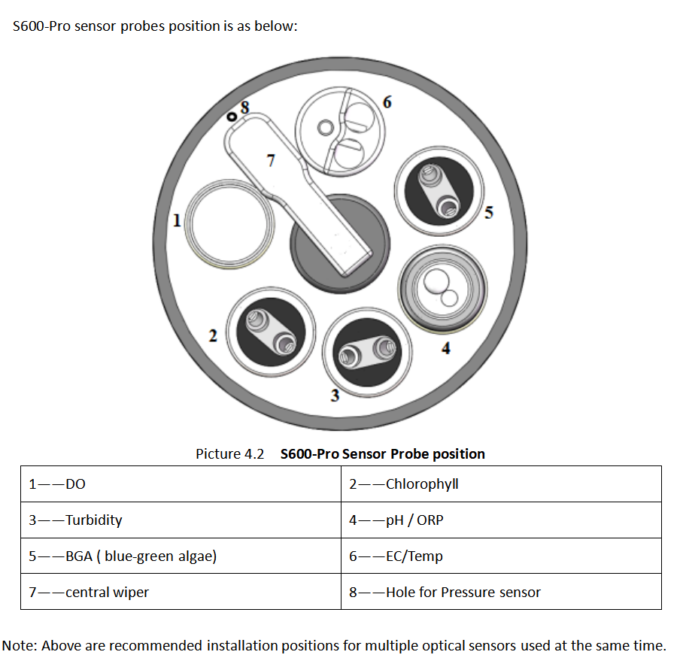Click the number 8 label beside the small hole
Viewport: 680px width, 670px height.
tap(244, 108)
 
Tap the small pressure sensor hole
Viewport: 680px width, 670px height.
tap(232, 117)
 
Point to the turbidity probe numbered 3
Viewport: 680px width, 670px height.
tap(368, 353)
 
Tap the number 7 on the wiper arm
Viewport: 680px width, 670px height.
tap(271, 160)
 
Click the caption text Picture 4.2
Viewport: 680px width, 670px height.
tap(229, 454)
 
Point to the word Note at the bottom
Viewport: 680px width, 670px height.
tap(20, 645)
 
